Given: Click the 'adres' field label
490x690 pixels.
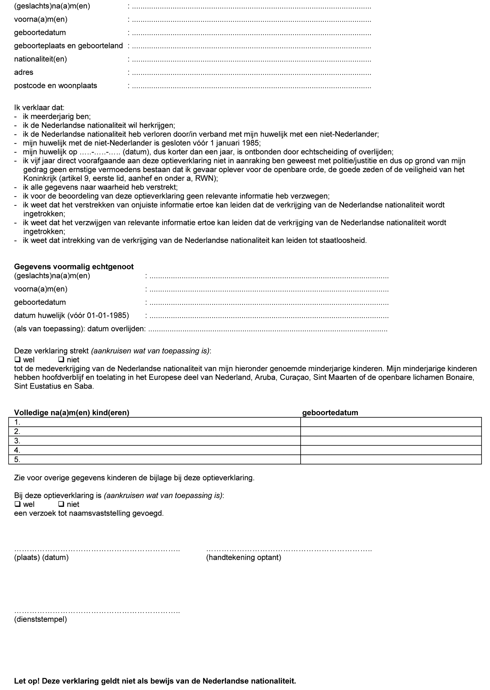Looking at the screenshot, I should coord(24,72).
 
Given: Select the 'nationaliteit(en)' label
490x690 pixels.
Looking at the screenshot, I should coord(40,59).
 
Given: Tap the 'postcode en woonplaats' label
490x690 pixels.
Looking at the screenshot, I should coord(56,86).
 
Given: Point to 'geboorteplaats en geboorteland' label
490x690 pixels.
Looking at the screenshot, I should coord(68,46).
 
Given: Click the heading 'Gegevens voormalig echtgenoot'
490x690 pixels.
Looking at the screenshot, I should coord(74,267).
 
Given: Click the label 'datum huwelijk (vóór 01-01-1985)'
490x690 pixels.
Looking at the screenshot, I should coord(72,315).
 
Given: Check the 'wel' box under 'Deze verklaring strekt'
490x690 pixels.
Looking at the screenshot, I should coord(17,359).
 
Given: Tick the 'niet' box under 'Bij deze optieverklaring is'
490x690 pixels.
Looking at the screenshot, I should coord(61,504).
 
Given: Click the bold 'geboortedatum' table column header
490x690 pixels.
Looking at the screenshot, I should coord(330,412).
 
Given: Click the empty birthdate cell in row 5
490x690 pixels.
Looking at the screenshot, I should coord(390,460).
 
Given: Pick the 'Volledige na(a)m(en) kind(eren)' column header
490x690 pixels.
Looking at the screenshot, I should coord(72,412).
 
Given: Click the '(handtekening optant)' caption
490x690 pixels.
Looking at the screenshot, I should coord(244,557).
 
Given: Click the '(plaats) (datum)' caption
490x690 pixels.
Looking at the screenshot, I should coord(41,557).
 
